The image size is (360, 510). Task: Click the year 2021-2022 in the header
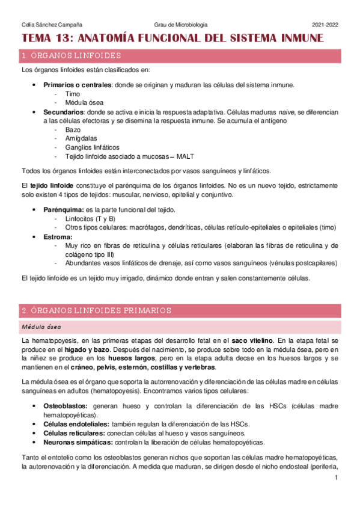325,25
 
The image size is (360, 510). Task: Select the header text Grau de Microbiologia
180,25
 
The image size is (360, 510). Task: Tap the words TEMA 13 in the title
45,38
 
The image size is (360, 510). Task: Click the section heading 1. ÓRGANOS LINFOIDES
71,56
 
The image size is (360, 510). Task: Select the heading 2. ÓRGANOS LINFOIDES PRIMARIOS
96,310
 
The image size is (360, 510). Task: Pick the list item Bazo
73,129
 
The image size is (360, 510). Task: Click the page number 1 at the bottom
337,478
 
